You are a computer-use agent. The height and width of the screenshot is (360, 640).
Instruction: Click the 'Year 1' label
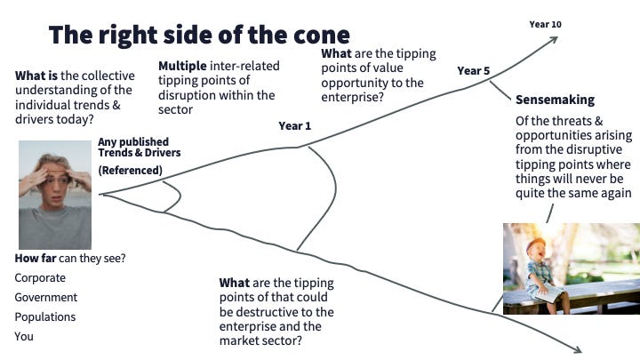coord(295,126)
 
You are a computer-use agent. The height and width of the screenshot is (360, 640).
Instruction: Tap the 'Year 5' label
coord(474,70)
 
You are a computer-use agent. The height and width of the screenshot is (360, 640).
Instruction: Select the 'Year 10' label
coord(545,24)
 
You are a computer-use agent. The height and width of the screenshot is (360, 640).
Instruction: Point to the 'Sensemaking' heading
coord(556,100)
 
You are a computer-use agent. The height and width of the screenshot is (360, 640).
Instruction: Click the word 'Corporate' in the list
coord(40,278)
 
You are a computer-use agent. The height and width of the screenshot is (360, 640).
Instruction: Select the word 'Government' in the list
coord(46,298)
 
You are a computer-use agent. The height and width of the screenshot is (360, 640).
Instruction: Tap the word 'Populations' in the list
coord(45,317)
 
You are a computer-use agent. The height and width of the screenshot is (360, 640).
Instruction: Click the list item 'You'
coord(24,337)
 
